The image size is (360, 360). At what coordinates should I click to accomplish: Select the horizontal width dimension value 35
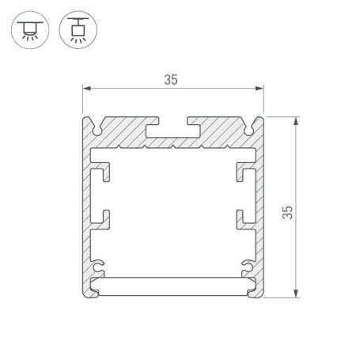pos(171,78)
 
